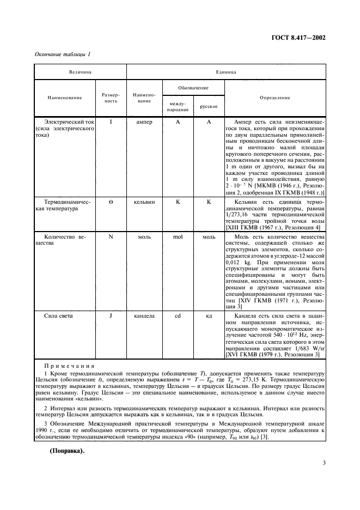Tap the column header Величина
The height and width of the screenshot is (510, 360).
(80, 71)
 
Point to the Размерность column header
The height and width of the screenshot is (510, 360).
(111, 98)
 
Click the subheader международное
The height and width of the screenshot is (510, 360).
(178, 106)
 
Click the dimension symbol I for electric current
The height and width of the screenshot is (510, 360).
(111, 123)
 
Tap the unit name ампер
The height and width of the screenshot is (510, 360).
(144, 123)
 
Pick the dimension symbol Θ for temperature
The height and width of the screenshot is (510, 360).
(111, 202)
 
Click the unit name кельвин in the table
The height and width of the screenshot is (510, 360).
(144, 202)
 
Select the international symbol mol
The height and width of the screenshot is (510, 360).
(178, 238)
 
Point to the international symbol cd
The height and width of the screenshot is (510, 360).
(178, 315)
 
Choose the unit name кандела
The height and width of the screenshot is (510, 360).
(144, 315)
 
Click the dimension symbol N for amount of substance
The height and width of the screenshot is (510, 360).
(111, 238)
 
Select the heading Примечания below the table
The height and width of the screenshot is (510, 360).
(69, 366)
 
